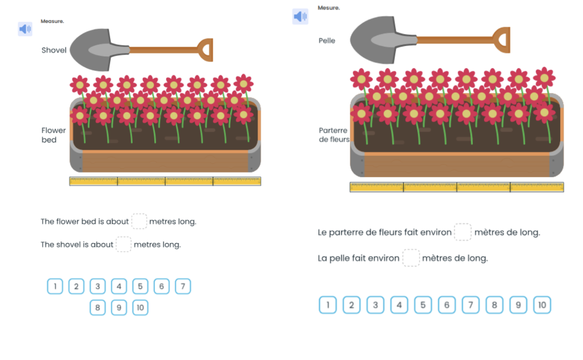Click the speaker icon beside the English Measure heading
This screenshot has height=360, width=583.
tap(25, 29)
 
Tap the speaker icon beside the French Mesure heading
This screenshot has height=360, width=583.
tap(300, 17)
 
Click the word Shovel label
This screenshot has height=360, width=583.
tap(54, 50)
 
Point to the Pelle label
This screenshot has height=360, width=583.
tap(327, 41)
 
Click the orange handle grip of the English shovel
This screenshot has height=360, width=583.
tap(206, 50)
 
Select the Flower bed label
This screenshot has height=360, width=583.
tap(53, 135)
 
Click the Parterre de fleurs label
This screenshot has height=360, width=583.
tap(334, 135)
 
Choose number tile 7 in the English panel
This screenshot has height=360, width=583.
tap(183, 286)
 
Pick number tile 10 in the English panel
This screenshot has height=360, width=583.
tap(140, 308)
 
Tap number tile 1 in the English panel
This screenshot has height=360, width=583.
tap(55, 286)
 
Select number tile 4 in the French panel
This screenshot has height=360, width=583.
tap(399, 305)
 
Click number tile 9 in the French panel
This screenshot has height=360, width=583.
tap(518, 305)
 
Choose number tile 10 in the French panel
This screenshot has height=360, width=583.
tap(542, 305)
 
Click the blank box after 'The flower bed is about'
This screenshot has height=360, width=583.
tap(139, 221)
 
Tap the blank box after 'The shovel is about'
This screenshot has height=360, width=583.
tap(124, 244)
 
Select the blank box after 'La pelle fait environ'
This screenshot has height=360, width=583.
tap(411, 258)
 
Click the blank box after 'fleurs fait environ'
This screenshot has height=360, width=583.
tap(463, 232)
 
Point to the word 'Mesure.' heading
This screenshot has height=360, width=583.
tap(329, 8)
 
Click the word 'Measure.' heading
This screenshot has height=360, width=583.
tap(52, 21)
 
